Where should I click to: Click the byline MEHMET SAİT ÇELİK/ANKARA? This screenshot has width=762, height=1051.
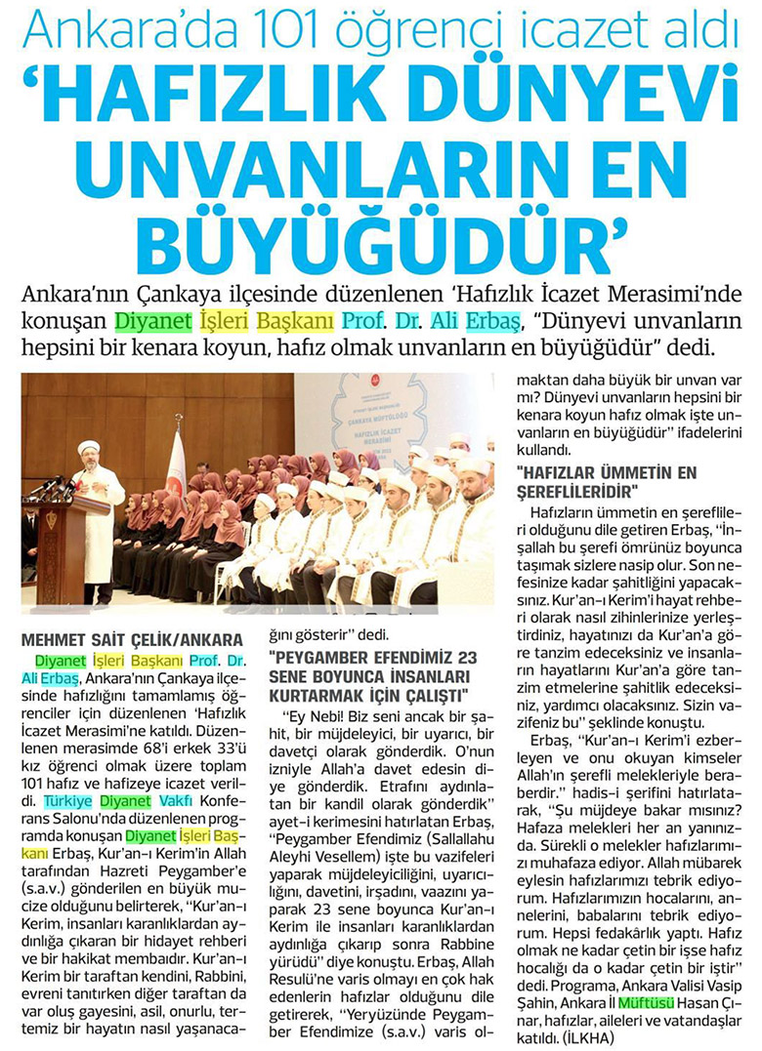click(x=125, y=640)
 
